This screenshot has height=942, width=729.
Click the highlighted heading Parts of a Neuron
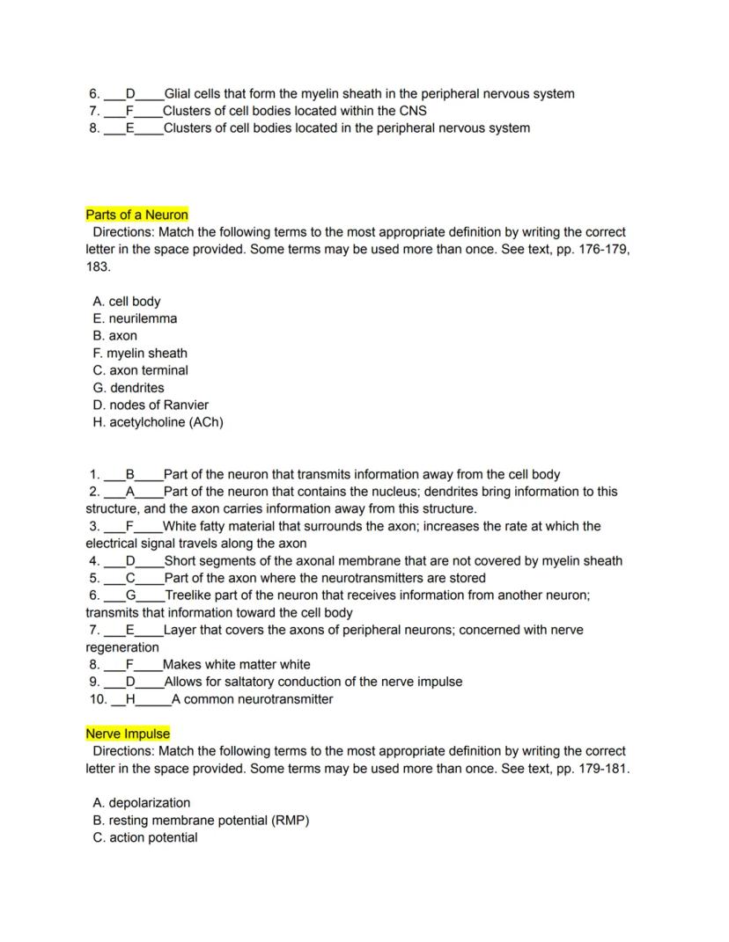pyautogui.click(x=136, y=215)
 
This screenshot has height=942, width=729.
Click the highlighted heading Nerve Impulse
pyautogui.click(x=128, y=734)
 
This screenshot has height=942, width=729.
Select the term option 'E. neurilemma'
pyautogui.click(x=134, y=318)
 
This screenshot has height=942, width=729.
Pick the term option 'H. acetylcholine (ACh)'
pyautogui.click(x=158, y=422)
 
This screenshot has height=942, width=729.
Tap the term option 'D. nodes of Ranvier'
pyautogui.click(x=151, y=405)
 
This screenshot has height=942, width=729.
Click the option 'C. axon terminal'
pyautogui.click(x=140, y=370)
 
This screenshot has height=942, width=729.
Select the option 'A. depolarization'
pyautogui.click(x=141, y=802)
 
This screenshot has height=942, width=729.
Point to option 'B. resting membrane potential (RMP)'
pyautogui.click(x=201, y=820)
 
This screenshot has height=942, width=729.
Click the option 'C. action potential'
pyautogui.click(x=144, y=837)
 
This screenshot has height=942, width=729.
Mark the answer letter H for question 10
pyautogui.click(x=131, y=699)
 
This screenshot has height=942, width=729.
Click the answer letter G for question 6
pyautogui.click(x=130, y=595)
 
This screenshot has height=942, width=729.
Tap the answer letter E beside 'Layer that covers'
pyautogui.click(x=130, y=630)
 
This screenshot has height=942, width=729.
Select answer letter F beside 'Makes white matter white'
pyautogui.click(x=129, y=664)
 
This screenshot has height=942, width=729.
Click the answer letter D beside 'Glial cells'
pyautogui.click(x=130, y=94)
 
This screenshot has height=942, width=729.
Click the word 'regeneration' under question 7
pyautogui.click(x=122, y=647)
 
